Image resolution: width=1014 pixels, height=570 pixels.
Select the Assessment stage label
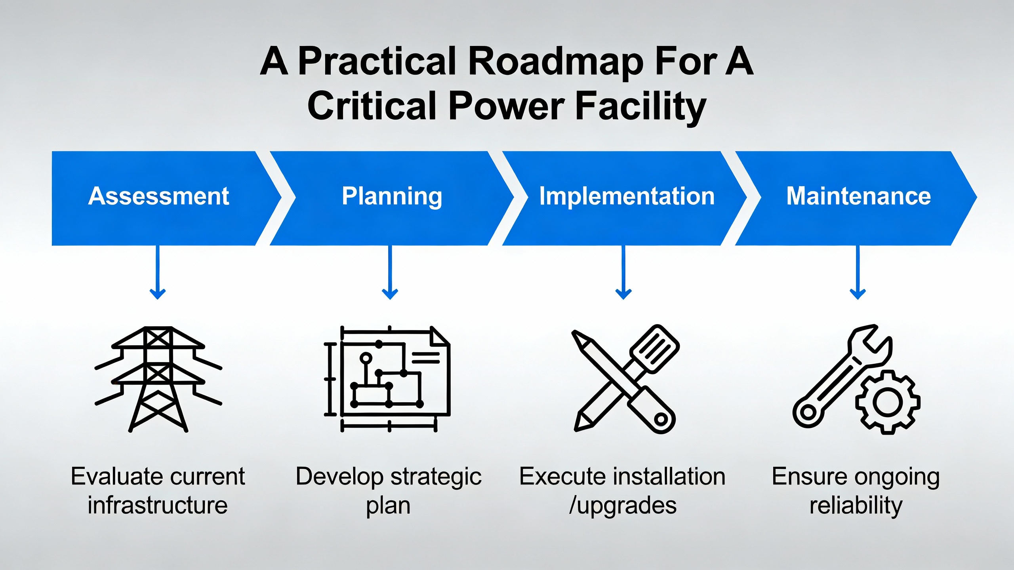coord(158,196)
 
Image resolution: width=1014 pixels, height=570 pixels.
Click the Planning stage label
coord(392,196)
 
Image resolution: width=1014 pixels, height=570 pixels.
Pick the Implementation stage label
coord(627,196)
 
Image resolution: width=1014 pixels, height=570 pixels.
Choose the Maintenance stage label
coord(858,196)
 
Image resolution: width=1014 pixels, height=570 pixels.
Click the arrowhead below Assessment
coord(158,294)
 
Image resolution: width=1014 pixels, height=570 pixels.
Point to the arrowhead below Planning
coord(390,294)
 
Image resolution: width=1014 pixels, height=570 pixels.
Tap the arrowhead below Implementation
coord(623,294)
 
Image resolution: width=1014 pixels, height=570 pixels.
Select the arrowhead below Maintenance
coord(858,294)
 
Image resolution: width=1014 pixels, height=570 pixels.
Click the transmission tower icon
coord(158,379)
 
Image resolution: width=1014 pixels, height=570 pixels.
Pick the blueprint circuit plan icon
coord(387,379)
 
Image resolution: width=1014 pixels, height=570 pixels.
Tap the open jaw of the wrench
coord(871,340)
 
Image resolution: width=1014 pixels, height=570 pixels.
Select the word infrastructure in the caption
coord(158,505)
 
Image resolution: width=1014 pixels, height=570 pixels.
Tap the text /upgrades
coord(623,505)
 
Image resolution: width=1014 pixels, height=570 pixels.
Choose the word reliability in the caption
coord(856,505)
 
